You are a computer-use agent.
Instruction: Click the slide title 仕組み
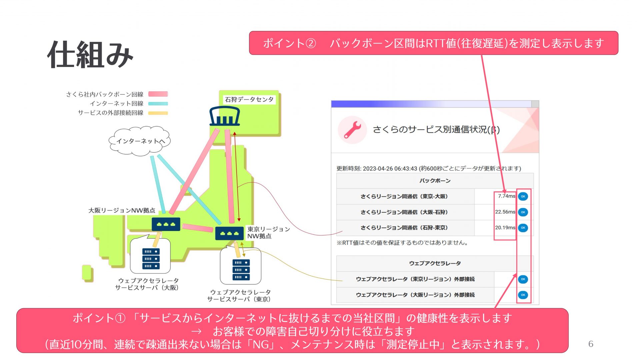[x=90, y=55]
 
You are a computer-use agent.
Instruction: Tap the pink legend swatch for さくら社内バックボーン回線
[x=158, y=94]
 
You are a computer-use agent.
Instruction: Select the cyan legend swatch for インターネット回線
[x=158, y=104]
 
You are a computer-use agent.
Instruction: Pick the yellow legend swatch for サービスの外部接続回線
[x=158, y=113]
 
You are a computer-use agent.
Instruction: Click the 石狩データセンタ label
[x=249, y=99]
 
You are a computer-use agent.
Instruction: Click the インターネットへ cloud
[x=140, y=141]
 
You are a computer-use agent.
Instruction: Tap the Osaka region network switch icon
[x=166, y=224]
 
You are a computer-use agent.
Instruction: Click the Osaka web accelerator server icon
[x=151, y=259]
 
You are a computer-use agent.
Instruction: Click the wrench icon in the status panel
[x=352, y=130]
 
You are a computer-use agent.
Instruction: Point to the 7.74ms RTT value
[x=506, y=196]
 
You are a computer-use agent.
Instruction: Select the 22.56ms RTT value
[x=505, y=212]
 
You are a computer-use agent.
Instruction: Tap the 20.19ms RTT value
[x=505, y=228]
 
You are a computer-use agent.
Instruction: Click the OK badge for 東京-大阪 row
[x=523, y=196]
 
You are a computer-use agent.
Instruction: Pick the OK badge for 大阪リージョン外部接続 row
[x=523, y=295]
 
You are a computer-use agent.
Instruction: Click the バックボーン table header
[x=435, y=181]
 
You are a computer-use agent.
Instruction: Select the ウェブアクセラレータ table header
[x=435, y=263]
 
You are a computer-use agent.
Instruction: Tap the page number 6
[x=591, y=344]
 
